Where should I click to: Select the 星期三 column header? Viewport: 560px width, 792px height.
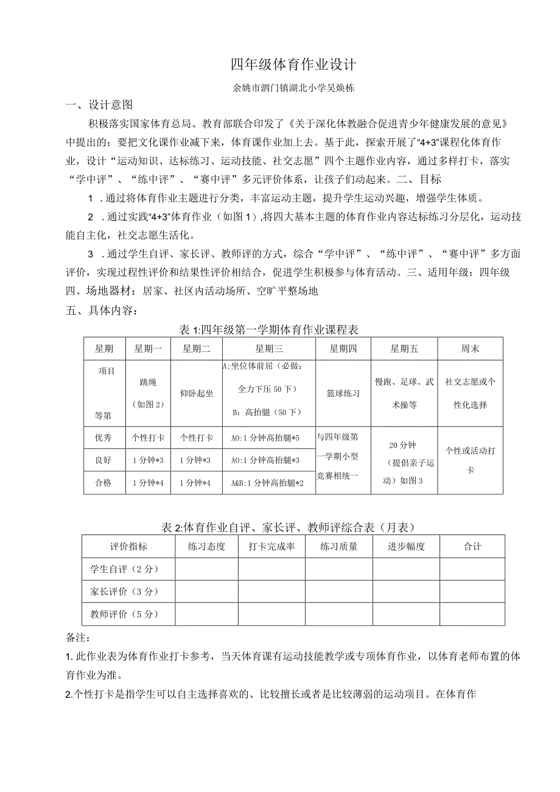click(268, 349)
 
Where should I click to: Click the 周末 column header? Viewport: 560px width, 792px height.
click(470, 349)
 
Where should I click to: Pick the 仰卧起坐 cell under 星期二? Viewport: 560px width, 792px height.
click(197, 393)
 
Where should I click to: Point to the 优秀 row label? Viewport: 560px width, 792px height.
click(103, 438)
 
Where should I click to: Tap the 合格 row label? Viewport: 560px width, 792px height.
click(103, 483)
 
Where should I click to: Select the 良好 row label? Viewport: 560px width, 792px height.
click(103, 460)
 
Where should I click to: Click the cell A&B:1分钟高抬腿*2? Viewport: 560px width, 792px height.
click(268, 483)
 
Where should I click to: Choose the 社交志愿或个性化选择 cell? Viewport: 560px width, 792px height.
click(470, 393)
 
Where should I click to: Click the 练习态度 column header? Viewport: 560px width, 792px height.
click(206, 547)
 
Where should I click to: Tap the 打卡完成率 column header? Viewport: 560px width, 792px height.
click(271, 547)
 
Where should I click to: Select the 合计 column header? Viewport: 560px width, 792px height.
click(472, 547)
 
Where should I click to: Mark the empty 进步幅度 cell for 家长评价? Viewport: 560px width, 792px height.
click(406, 592)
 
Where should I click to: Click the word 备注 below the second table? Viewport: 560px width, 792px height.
click(77, 637)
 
